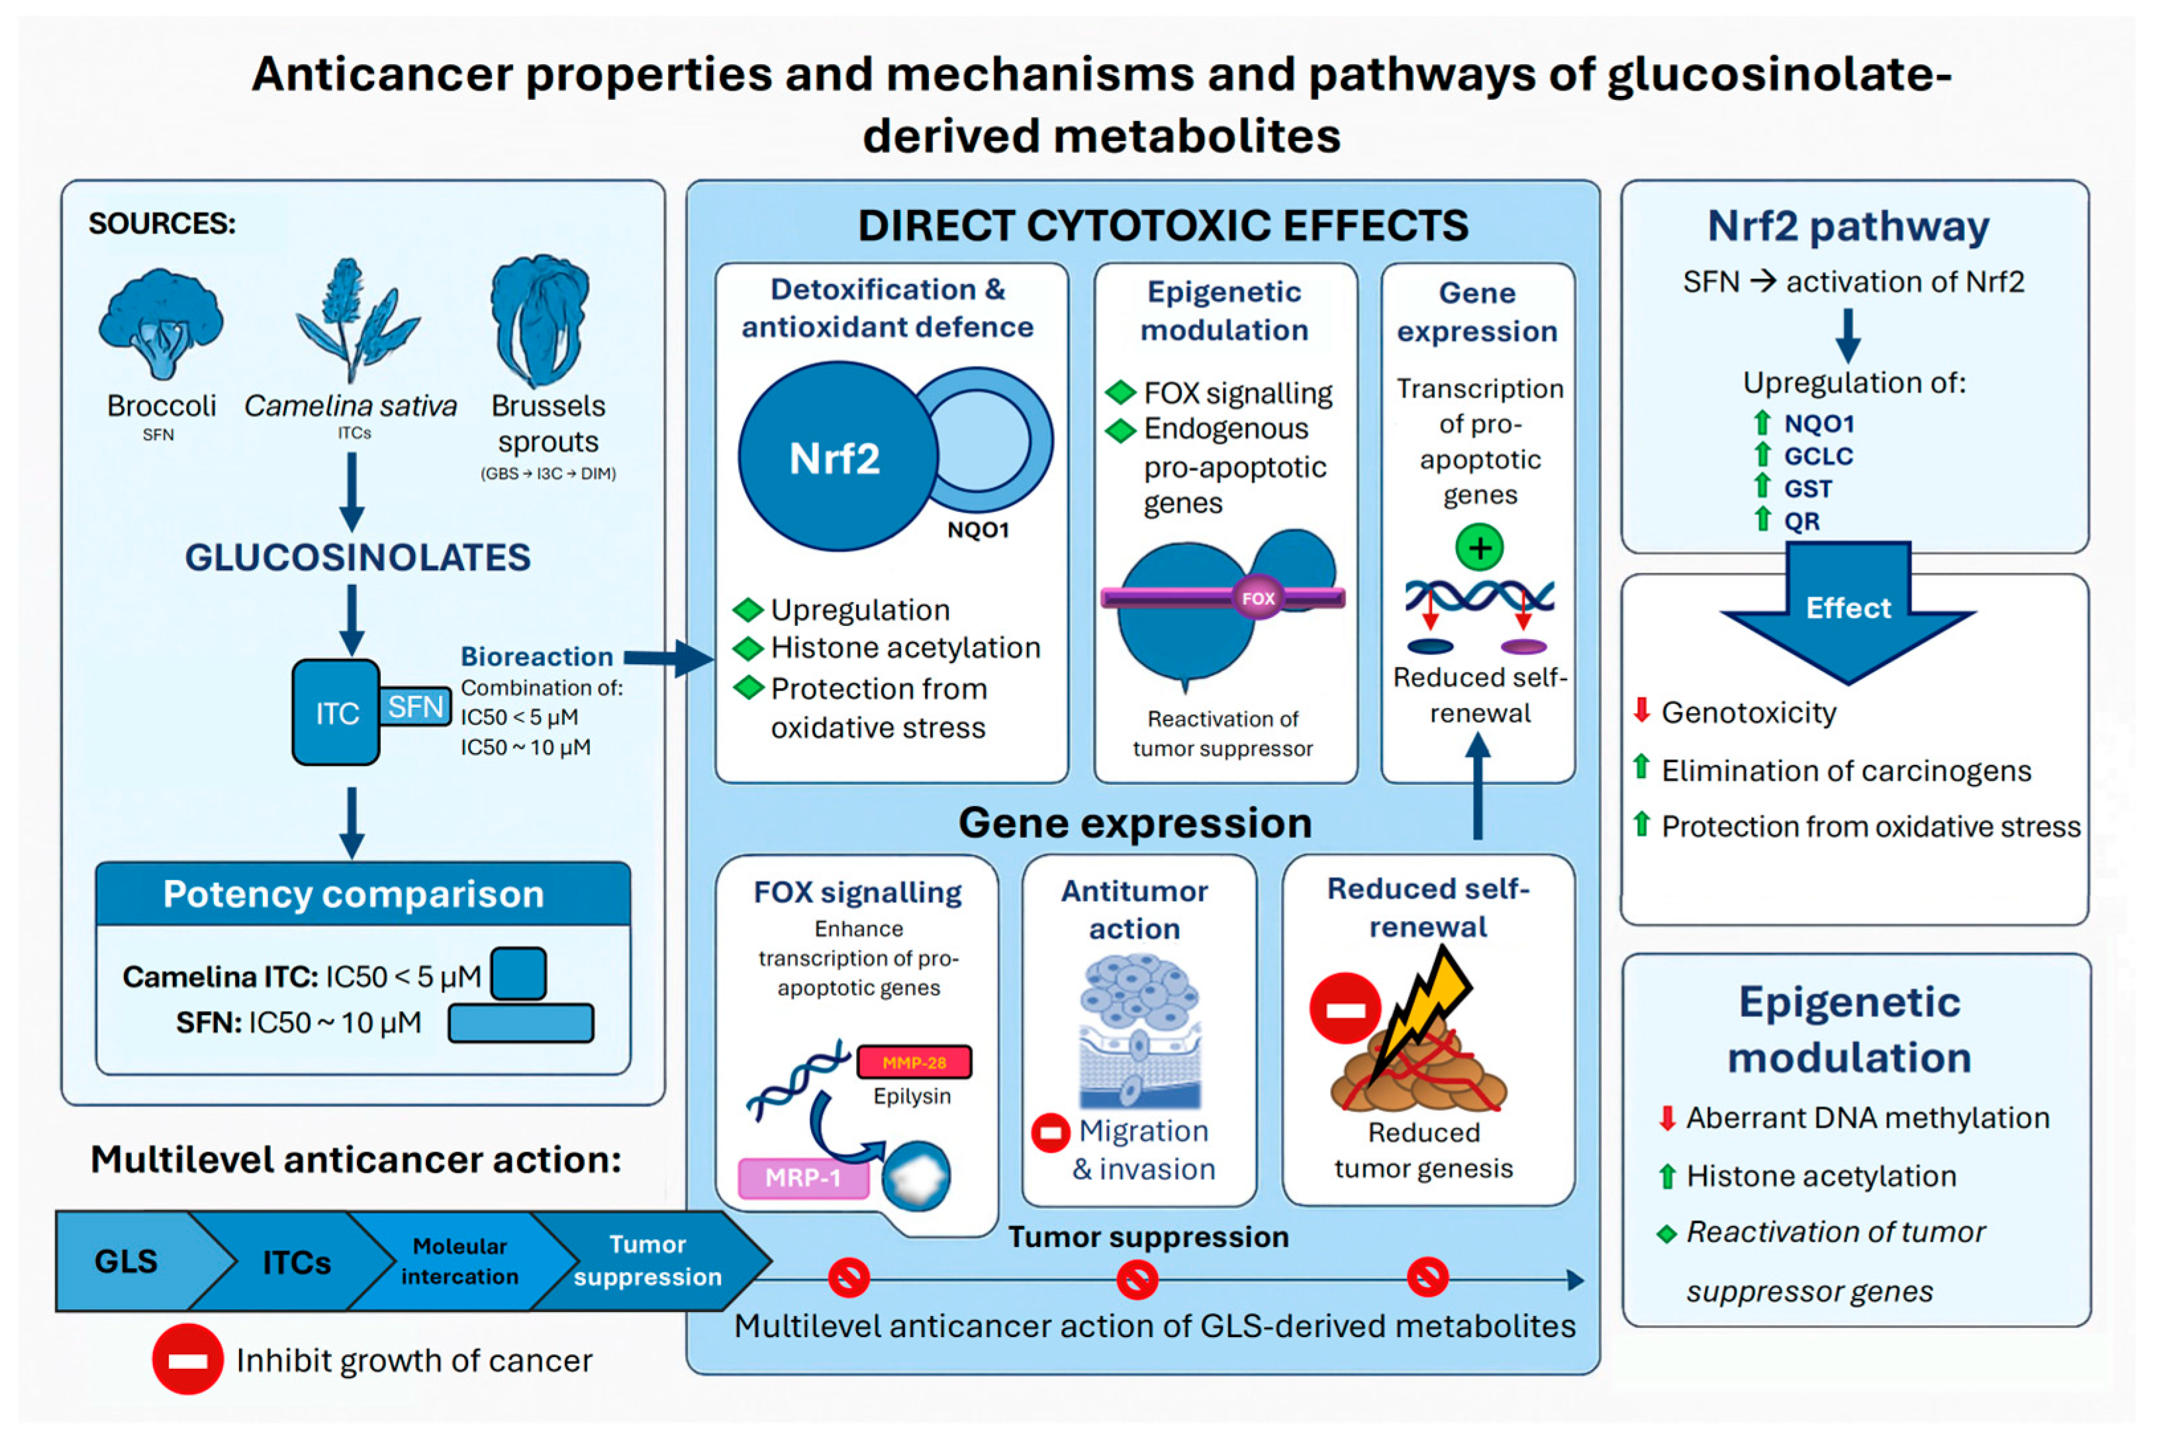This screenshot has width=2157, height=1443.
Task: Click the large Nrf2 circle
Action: coord(838,457)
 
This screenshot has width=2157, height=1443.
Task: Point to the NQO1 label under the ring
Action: coord(978,530)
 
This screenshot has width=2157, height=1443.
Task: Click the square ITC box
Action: coord(336,713)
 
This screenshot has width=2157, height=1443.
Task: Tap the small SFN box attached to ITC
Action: coord(415,707)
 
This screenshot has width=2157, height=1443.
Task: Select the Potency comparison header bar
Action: coord(363,894)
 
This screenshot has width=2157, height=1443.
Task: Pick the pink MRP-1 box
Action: coord(803,1178)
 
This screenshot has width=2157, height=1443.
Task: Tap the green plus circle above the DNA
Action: coord(1480,548)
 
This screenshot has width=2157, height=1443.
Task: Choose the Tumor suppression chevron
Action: coord(649,1261)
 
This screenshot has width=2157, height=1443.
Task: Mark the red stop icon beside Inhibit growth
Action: coord(188,1359)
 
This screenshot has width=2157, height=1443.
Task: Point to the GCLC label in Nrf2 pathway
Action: coord(1818,457)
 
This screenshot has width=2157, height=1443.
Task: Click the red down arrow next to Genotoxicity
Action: coord(1641,709)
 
